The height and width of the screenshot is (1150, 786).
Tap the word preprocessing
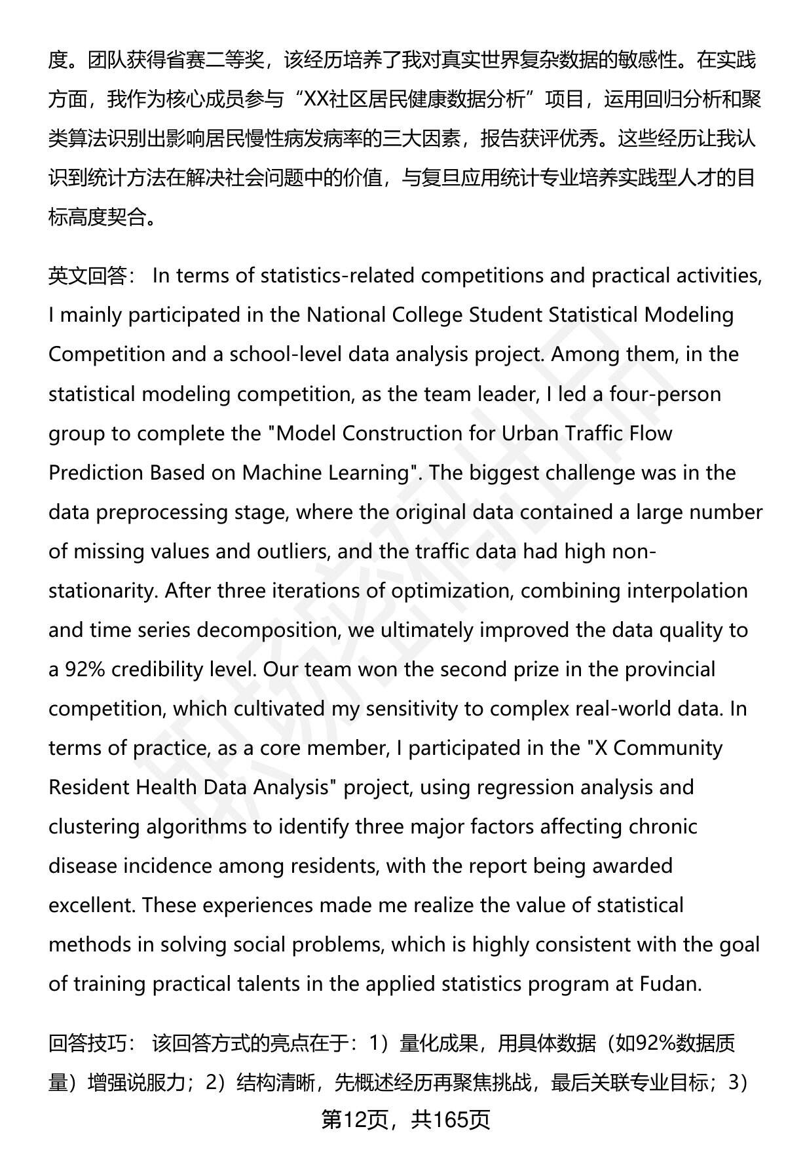164,512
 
